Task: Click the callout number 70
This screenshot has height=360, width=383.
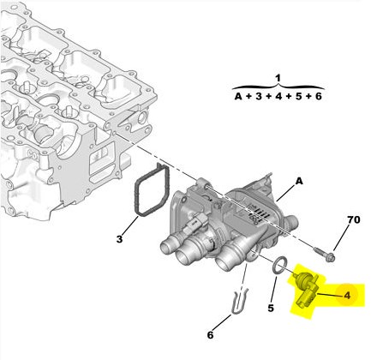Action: click(x=354, y=219)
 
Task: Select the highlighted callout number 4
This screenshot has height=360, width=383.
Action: click(x=347, y=296)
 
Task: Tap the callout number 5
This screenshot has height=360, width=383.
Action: click(x=271, y=308)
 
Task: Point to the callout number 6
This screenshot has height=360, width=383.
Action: click(x=210, y=335)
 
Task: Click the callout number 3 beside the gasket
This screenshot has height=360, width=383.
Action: click(x=119, y=239)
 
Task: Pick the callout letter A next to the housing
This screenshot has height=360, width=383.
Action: click(x=299, y=181)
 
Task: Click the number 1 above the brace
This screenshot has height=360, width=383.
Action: click(x=278, y=78)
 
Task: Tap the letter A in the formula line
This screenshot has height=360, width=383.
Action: click(x=238, y=97)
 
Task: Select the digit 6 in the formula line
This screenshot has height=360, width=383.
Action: click(x=319, y=97)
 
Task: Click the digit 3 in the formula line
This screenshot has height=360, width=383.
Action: click(x=259, y=97)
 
